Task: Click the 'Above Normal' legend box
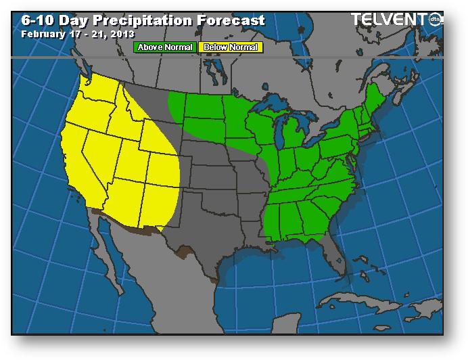click(x=166, y=47)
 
